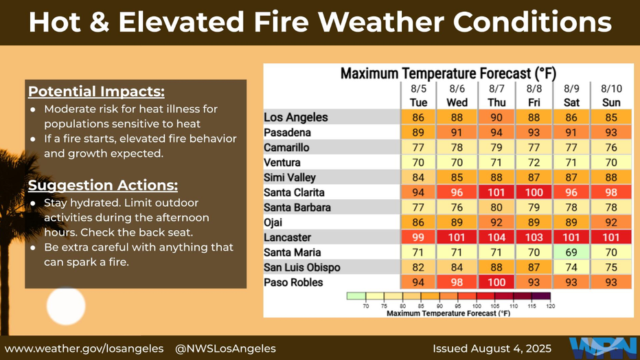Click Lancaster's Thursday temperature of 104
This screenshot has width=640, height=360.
(496, 238)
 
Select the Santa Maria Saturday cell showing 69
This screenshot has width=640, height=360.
(571, 253)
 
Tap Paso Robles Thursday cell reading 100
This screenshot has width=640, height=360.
(496, 282)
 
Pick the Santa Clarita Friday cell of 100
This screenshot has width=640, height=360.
(534, 192)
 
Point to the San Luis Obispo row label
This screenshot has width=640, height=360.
(301, 268)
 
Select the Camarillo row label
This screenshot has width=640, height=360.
(286, 148)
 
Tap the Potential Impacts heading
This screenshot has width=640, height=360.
(96, 92)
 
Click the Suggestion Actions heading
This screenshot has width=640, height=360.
(103, 185)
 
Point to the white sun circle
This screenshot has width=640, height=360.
(66, 306)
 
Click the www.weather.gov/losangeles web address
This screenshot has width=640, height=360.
(84, 348)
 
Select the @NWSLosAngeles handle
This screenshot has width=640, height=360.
(225, 348)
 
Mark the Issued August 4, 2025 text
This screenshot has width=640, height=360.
(492, 348)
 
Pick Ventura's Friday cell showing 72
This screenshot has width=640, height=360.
(534, 163)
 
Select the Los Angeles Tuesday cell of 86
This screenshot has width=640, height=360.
(418, 117)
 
